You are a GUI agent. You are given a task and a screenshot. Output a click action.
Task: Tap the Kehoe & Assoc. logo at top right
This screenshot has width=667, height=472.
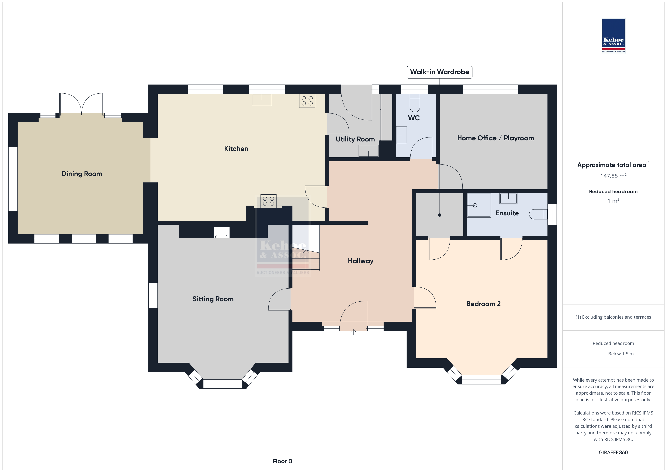pyautogui.click(x=613, y=36)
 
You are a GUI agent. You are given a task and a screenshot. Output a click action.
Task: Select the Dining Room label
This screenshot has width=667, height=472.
pyautogui.click(x=82, y=174)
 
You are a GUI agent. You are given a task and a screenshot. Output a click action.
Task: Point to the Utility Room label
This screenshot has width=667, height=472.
pyautogui.click(x=355, y=139)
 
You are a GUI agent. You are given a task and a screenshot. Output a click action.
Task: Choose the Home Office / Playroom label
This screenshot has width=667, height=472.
pyautogui.click(x=495, y=138)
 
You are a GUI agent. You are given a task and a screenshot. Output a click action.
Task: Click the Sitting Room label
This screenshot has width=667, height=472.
pyautogui.click(x=213, y=299)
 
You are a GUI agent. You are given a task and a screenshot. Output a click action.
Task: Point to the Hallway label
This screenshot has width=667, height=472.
pyautogui.click(x=361, y=261)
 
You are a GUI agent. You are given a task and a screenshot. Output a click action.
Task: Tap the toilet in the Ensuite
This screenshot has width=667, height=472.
pyautogui.click(x=538, y=214)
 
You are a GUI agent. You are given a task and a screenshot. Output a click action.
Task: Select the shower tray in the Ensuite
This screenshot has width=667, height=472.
pyautogui.click(x=479, y=205)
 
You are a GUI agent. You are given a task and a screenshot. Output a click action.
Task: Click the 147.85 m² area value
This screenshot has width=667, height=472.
pyautogui.click(x=613, y=176)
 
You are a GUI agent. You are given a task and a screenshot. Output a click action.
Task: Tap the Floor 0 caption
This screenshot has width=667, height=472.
pyautogui.click(x=282, y=461)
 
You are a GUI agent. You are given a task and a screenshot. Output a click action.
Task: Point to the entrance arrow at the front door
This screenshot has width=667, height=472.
pyautogui.click(x=353, y=332)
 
